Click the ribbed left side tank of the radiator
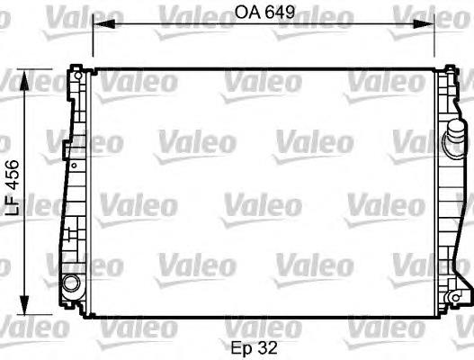pyautogui.click(x=73, y=180)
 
